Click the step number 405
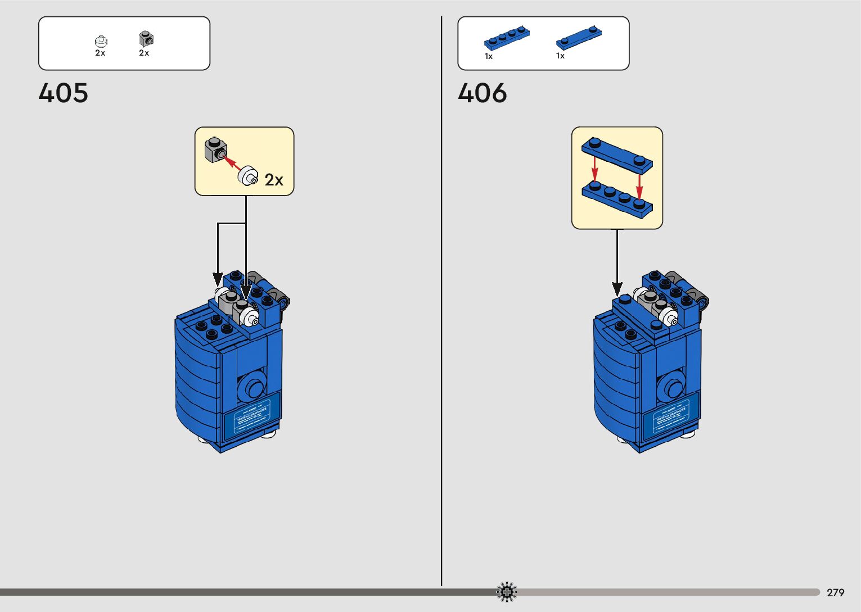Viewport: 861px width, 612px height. click(63, 93)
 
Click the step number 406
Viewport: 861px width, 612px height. click(482, 93)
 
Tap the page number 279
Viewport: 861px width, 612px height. click(835, 592)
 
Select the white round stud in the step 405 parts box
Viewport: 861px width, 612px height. click(101, 41)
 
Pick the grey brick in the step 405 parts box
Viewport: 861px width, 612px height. click(146, 39)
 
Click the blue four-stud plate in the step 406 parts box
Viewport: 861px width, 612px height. click(506, 38)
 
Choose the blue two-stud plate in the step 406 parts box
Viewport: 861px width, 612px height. click(579, 38)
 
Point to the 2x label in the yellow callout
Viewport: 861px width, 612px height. click(274, 180)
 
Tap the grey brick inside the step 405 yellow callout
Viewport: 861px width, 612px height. click(215, 149)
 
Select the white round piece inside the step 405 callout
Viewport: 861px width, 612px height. click(247, 176)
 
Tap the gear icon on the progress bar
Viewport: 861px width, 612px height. click(507, 592)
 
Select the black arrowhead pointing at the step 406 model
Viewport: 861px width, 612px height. click(617, 289)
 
